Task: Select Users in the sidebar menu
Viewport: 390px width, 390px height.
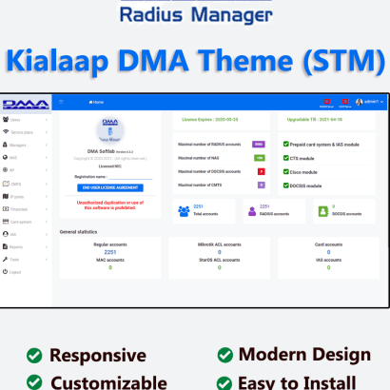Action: point(15,120)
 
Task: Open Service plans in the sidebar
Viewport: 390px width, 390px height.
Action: point(22,131)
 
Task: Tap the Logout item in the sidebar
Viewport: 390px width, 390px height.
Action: point(16,271)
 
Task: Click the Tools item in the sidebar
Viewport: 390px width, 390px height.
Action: point(16,259)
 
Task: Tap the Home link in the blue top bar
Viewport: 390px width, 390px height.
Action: point(96,101)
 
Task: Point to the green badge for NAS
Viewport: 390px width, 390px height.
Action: point(259,157)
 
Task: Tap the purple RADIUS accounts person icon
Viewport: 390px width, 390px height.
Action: point(252,211)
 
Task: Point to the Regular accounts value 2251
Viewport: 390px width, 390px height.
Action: point(109,252)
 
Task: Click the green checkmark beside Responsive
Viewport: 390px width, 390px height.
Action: point(34,355)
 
